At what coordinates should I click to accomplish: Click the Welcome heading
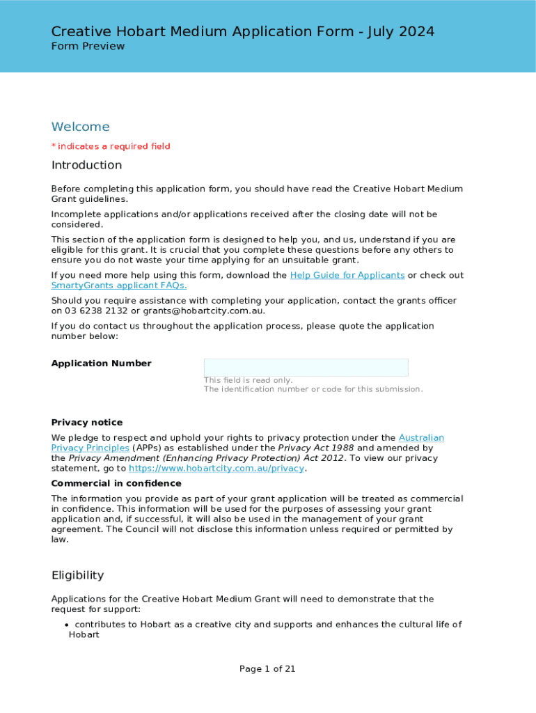80,127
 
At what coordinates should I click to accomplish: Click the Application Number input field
306,368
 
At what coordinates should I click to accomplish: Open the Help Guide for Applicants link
347,275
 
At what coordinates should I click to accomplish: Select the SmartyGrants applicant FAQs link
119,285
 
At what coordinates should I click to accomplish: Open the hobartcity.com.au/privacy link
216,469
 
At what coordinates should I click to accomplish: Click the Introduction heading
86,165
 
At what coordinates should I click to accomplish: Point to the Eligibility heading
77,575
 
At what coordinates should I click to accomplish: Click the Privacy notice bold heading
87,423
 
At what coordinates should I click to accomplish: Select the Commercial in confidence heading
116,483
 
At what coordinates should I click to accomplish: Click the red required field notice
111,146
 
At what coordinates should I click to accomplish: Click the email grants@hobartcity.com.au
203,311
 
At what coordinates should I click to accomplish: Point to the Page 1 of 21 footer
267,669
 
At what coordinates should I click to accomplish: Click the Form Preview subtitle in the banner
88,46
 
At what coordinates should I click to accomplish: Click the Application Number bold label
101,363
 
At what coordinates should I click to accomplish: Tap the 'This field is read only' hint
248,380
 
